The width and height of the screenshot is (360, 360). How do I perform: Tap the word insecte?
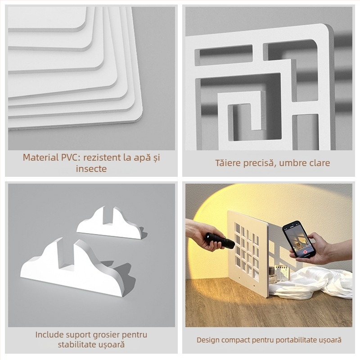[91, 169]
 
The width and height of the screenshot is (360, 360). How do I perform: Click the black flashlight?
[220, 241]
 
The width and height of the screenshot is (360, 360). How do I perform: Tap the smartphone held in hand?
[298, 240]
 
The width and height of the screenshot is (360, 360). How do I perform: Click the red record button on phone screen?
[305, 252]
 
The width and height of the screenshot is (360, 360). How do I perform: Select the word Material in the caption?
[40, 157]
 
